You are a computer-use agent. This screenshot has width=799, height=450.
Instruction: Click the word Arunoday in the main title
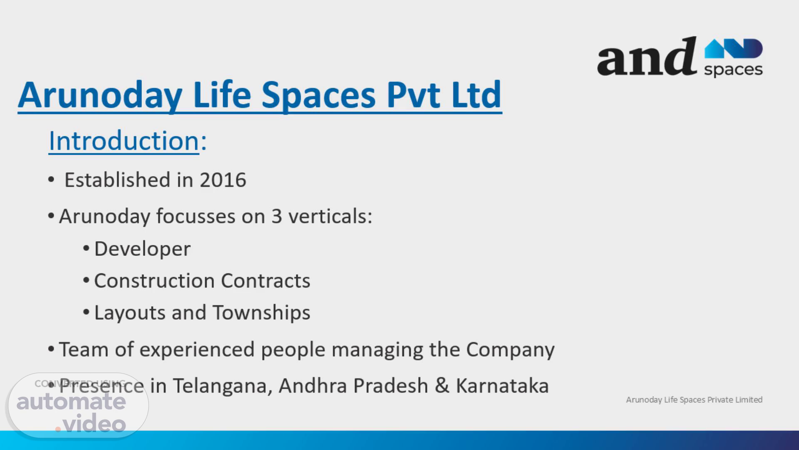point(100,95)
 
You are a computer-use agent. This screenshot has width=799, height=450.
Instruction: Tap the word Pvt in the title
point(413,95)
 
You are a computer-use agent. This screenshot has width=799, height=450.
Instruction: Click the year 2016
point(223,180)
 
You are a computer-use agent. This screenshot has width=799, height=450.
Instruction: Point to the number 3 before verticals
point(277,216)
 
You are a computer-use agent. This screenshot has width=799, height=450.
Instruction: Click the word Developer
point(142,249)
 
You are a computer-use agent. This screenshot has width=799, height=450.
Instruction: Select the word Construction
point(154,280)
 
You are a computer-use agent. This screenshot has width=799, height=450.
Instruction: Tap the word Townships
point(261,312)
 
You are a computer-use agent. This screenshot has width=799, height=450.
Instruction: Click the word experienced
point(197,349)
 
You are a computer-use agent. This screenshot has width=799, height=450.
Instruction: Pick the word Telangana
point(223,386)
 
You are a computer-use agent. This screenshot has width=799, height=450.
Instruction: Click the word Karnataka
point(502,385)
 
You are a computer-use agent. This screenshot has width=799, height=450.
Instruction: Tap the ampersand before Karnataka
point(442,385)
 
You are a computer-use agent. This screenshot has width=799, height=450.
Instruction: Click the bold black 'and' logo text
point(647,57)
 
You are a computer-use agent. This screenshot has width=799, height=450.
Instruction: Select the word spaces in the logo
point(733,70)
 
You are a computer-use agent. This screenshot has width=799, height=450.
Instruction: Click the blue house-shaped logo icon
point(733,48)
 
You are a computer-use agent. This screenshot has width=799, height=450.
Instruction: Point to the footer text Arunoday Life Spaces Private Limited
point(694,400)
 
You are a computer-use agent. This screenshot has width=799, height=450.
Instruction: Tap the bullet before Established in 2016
point(51,180)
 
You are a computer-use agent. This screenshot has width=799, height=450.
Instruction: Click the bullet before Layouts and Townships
point(86,312)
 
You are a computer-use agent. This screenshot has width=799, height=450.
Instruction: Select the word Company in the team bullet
point(510,349)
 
